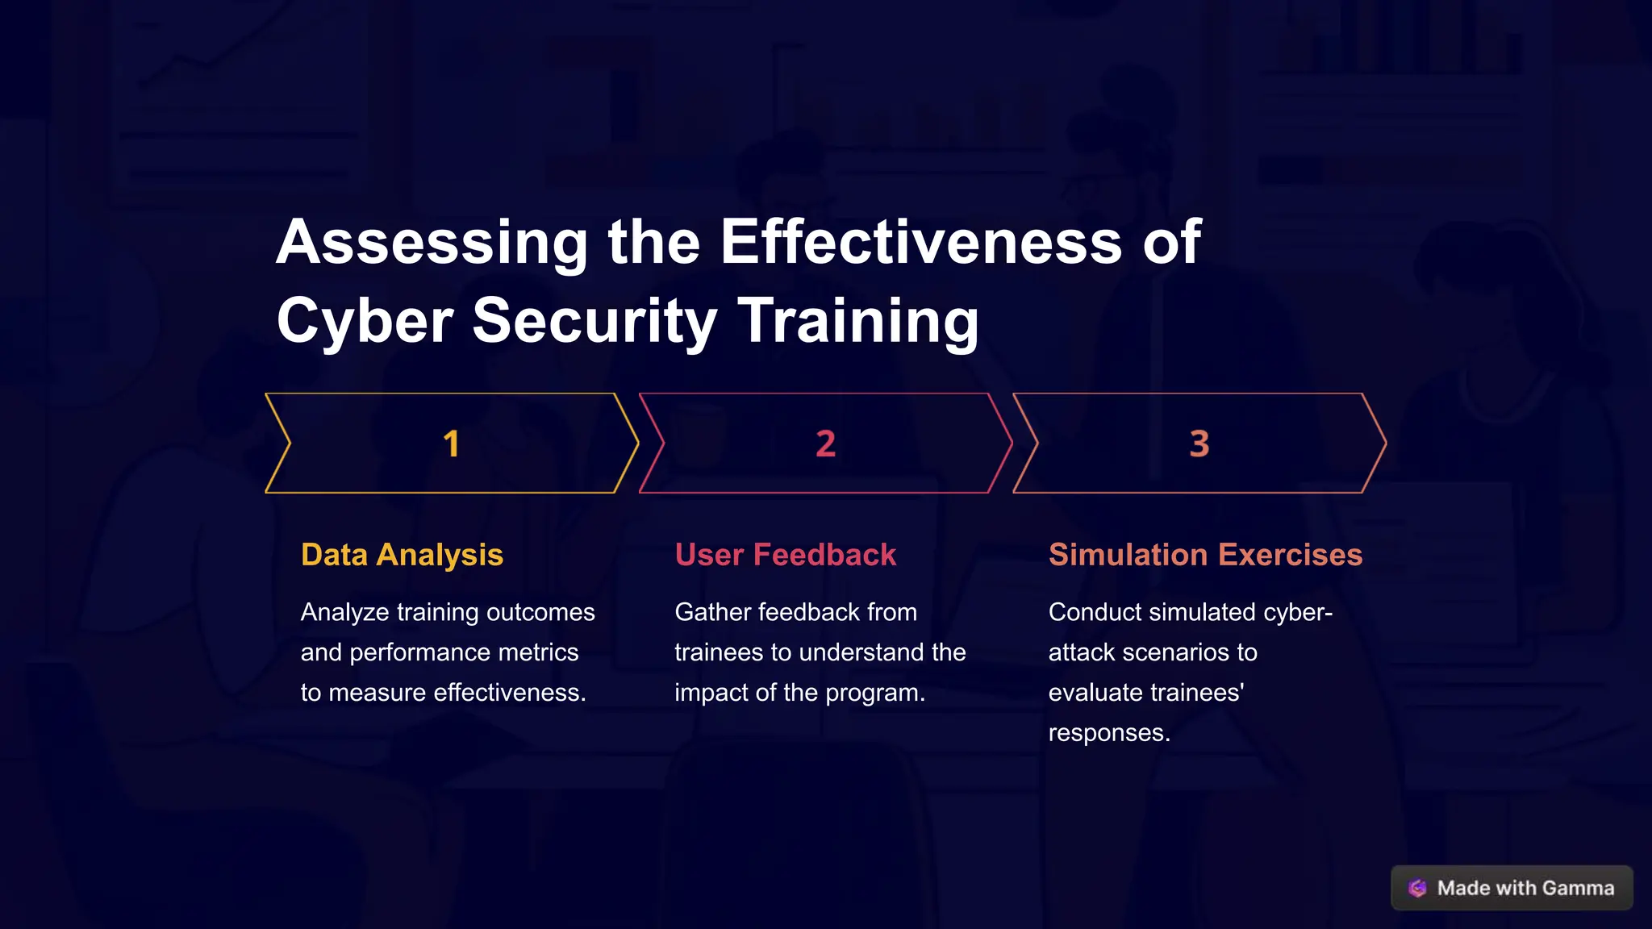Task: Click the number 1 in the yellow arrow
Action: click(451, 444)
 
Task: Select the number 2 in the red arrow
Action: click(825, 444)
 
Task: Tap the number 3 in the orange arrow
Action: click(1199, 444)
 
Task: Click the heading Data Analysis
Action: click(402, 555)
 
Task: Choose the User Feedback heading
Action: click(785, 555)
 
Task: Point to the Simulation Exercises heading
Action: click(1205, 555)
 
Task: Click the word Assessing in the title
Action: click(432, 242)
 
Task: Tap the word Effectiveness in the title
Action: click(920, 242)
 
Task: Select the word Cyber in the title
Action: click(365, 321)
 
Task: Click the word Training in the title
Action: click(858, 321)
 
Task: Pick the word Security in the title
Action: click(594, 321)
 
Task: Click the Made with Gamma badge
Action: click(1512, 888)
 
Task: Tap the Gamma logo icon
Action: click(1417, 888)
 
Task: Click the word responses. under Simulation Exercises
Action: click(1109, 733)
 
